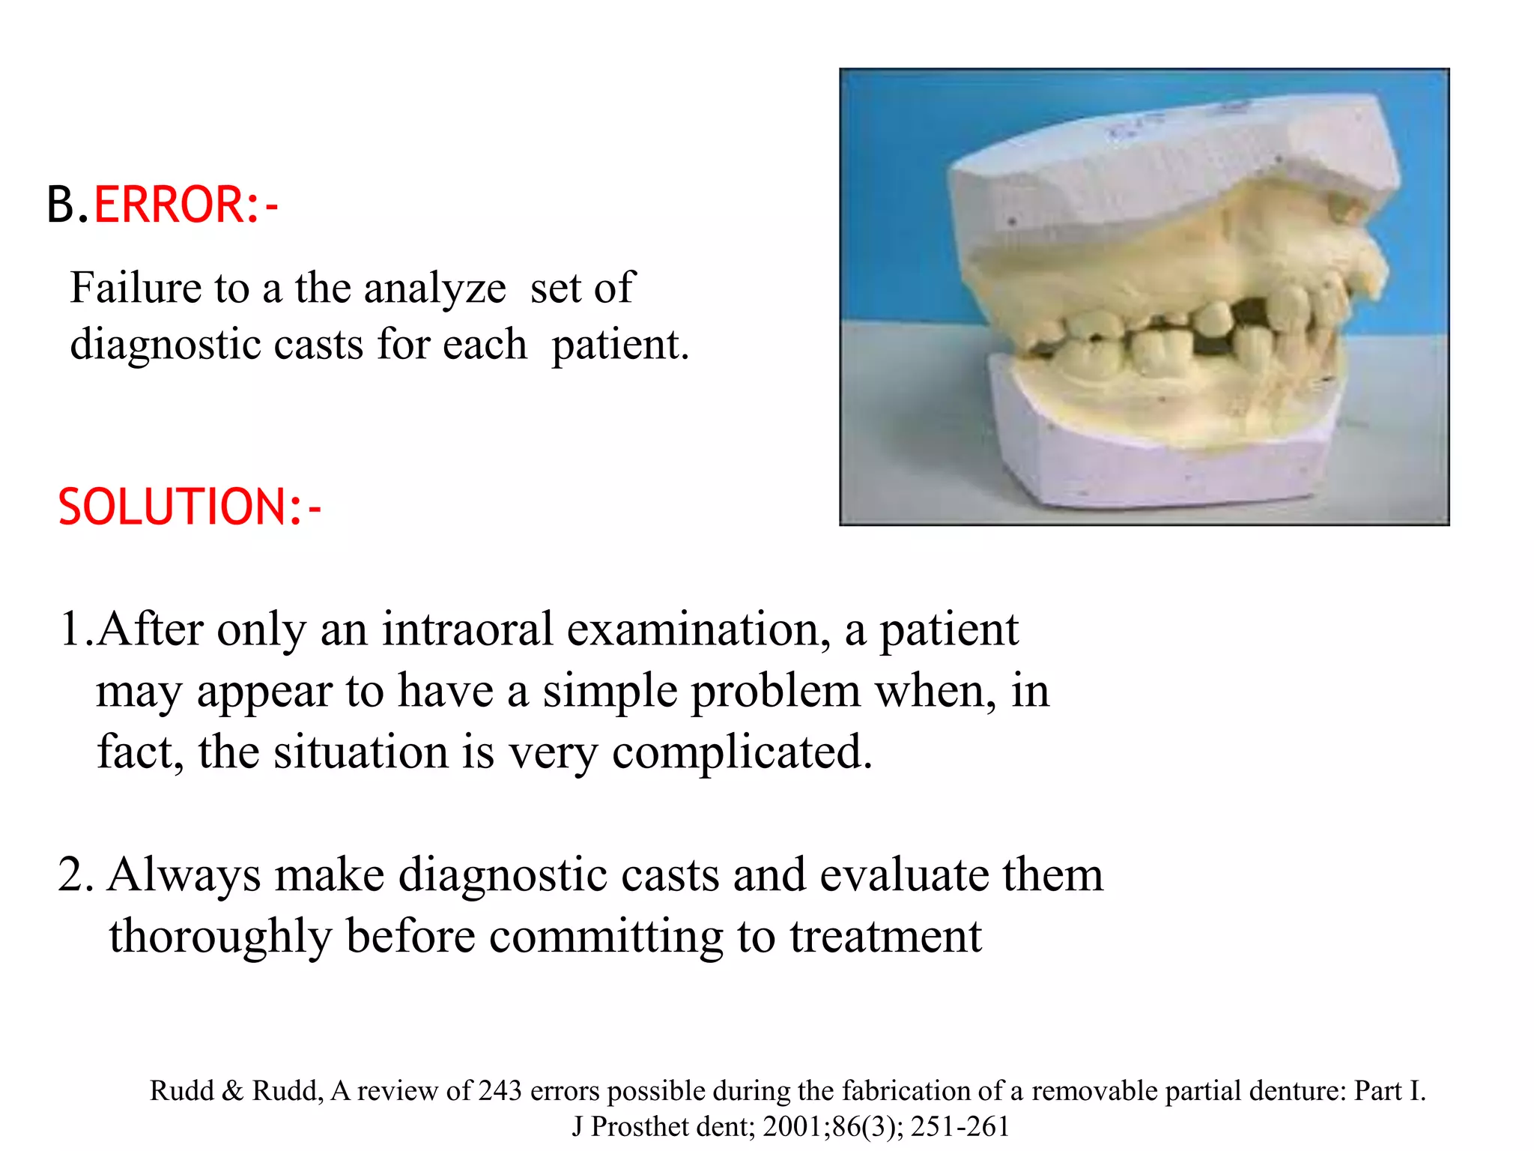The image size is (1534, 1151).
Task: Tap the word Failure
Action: coord(136,288)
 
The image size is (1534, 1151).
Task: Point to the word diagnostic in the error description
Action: coord(164,345)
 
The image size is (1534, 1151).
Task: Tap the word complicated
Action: coord(742,752)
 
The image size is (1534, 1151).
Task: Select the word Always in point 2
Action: coord(184,875)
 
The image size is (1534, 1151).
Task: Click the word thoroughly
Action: coord(219,937)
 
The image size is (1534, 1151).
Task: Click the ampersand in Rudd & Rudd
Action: coord(233,1090)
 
